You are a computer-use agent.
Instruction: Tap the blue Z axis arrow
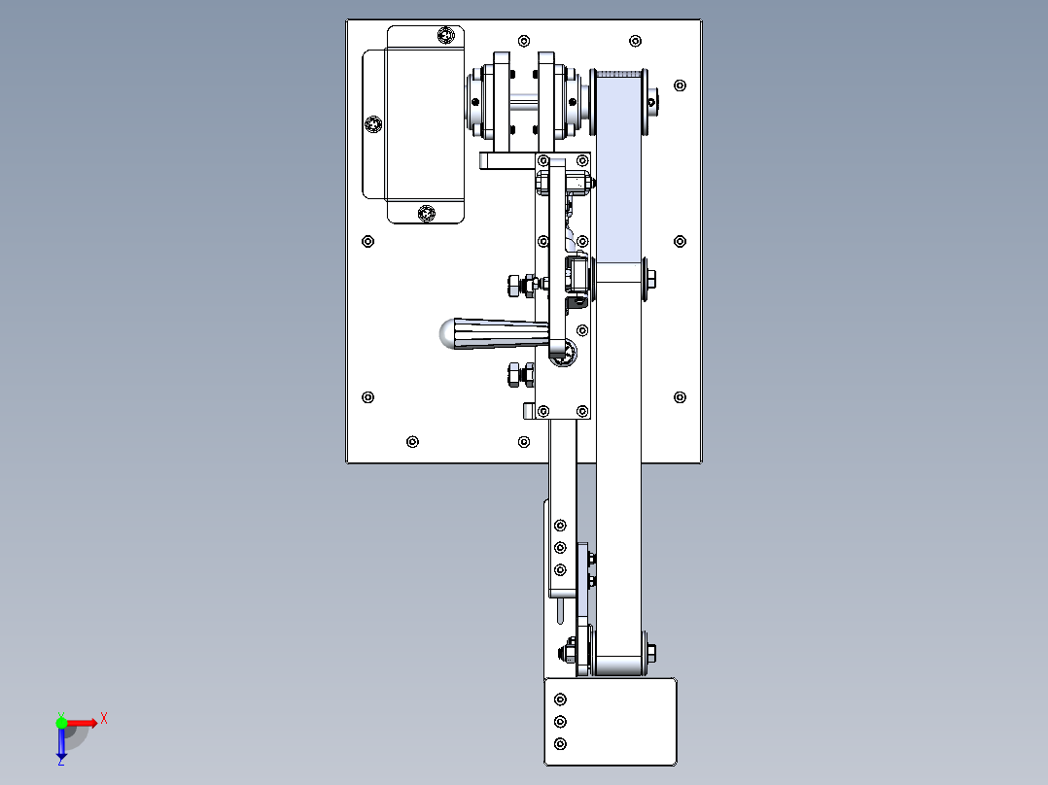61,745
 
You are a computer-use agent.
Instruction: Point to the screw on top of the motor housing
446,36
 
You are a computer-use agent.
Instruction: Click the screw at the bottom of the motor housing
425,213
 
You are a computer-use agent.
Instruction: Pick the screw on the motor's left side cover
374,124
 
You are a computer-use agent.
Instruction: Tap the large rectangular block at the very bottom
611,721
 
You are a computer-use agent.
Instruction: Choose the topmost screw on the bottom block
559,700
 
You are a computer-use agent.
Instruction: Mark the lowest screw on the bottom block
559,744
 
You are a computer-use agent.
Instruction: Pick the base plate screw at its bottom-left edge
413,441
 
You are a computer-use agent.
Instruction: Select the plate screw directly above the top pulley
635,41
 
